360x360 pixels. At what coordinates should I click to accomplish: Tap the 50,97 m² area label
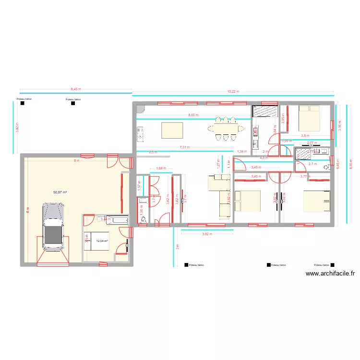[x=60, y=192]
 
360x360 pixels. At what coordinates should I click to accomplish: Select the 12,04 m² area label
[x=102, y=241]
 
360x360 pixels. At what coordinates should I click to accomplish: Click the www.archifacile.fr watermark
[x=330, y=274]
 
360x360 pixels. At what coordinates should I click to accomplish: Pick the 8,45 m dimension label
[x=76, y=89]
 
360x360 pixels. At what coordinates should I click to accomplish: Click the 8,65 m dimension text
[x=193, y=115]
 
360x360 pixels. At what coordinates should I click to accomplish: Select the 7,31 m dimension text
[x=184, y=147]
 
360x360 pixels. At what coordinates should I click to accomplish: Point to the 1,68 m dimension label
[x=161, y=168]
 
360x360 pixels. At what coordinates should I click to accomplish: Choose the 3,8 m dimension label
[x=305, y=136]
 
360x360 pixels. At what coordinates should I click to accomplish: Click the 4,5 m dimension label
[x=264, y=158]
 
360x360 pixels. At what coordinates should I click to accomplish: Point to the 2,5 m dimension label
[x=153, y=152]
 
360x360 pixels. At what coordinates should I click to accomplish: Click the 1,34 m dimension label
[x=242, y=152]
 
